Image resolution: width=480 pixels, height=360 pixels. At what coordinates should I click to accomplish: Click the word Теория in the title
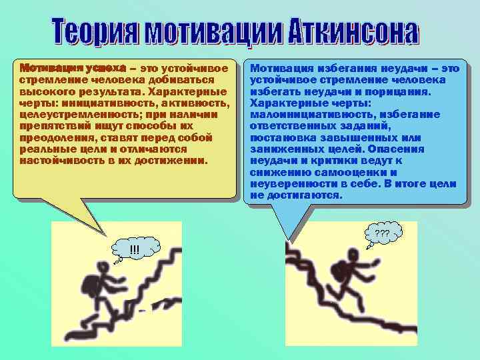point(87,33)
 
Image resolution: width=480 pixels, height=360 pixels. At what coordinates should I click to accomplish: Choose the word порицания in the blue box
point(399,91)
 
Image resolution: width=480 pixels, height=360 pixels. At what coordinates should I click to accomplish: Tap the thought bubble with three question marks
point(382,235)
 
